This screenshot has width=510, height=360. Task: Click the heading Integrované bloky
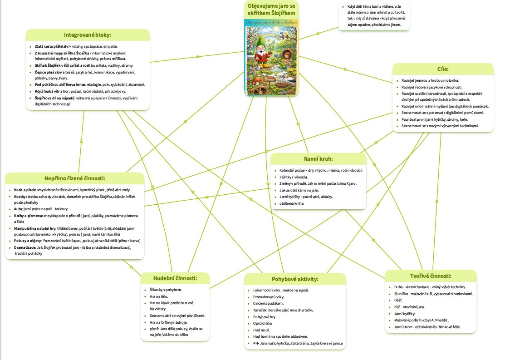pyautogui.click(x=88, y=35)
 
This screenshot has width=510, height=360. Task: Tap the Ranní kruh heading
pyautogui.click(x=318, y=159)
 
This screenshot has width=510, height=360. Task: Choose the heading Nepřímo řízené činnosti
pyautogui.click(x=75, y=178)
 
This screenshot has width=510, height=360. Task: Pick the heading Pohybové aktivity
pyautogui.click(x=295, y=279)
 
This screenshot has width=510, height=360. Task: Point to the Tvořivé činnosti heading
pyautogui.click(x=430, y=276)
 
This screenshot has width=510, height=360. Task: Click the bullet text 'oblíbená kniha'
pyautogui.click(x=291, y=203)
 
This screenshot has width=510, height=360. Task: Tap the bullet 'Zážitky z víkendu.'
pyautogui.click(x=294, y=177)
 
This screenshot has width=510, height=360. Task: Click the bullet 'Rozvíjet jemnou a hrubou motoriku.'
pyautogui.click(x=430, y=80)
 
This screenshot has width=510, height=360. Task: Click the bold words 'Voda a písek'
pyautogui.click(x=25, y=189)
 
